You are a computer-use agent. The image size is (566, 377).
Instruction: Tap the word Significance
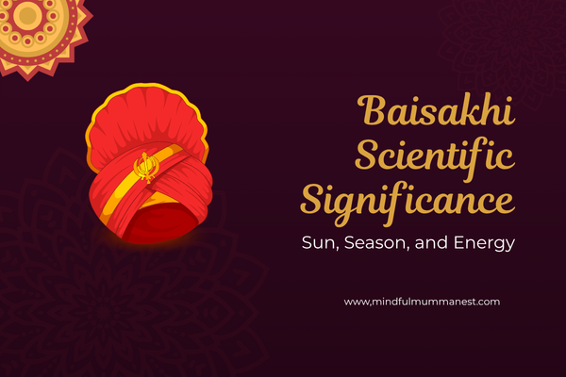408,201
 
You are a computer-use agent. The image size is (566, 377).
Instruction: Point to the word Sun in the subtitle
317,243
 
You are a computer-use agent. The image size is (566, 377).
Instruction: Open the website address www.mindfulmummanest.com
422,302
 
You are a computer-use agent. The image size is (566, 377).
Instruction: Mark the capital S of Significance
313,199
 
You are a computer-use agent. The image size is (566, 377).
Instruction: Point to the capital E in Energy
453,242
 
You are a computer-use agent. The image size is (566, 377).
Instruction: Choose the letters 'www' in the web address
356,302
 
